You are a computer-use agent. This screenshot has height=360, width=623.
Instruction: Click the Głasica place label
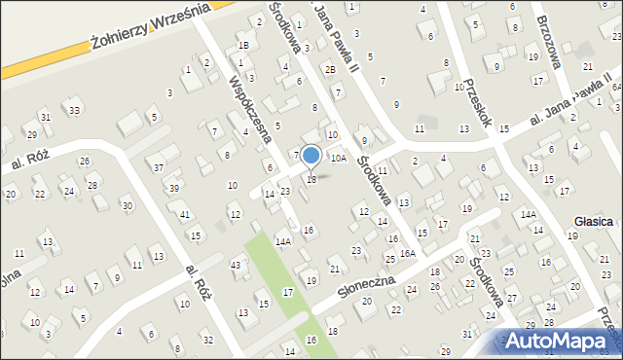coord(593,222)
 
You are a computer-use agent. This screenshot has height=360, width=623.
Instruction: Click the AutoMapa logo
coord(561,342)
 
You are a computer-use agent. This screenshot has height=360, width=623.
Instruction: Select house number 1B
coord(244,46)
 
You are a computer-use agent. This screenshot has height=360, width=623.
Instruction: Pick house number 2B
coord(331,69)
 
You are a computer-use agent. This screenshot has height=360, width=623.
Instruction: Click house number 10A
coord(338,157)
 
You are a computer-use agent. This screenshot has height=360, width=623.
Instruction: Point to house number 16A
coord(407,253)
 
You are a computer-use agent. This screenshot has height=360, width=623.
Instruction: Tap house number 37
coord(159,167)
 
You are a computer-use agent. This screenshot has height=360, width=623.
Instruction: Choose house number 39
coord(173,188)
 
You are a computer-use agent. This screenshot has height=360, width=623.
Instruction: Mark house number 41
coord(184,214)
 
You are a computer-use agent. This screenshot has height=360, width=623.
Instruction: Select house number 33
coord(74,110)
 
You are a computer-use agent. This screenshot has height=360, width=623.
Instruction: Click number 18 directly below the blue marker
coord(311,179)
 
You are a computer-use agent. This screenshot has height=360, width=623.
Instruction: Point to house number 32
coord(208,340)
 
